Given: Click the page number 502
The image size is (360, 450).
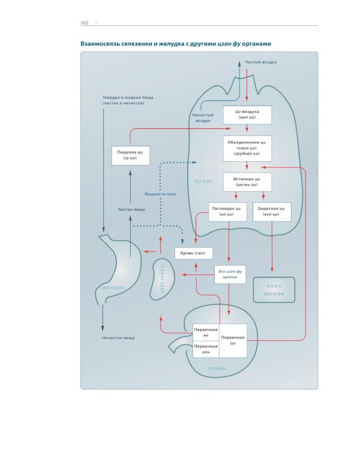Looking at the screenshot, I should (x=85, y=23).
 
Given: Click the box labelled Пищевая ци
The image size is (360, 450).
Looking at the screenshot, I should (x=130, y=155).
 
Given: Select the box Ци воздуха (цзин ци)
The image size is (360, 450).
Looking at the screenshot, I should (x=247, y=115).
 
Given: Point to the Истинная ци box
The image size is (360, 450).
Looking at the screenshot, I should (x=247, y=182).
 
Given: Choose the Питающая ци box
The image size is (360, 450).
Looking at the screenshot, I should (x=227, y=212).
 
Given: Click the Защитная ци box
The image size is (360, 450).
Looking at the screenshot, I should (x=272, y=212).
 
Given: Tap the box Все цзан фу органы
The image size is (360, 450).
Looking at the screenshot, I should (x=230, y=275).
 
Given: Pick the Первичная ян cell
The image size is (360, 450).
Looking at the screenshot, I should (x=205, y=332).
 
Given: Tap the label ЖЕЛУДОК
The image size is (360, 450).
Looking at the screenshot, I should (x=114, y=288).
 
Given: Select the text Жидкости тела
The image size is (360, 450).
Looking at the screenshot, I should (x=160, y=194).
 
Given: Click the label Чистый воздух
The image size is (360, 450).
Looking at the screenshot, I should (x=261, y=62).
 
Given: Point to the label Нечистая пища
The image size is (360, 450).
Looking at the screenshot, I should (x=118, y=338).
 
